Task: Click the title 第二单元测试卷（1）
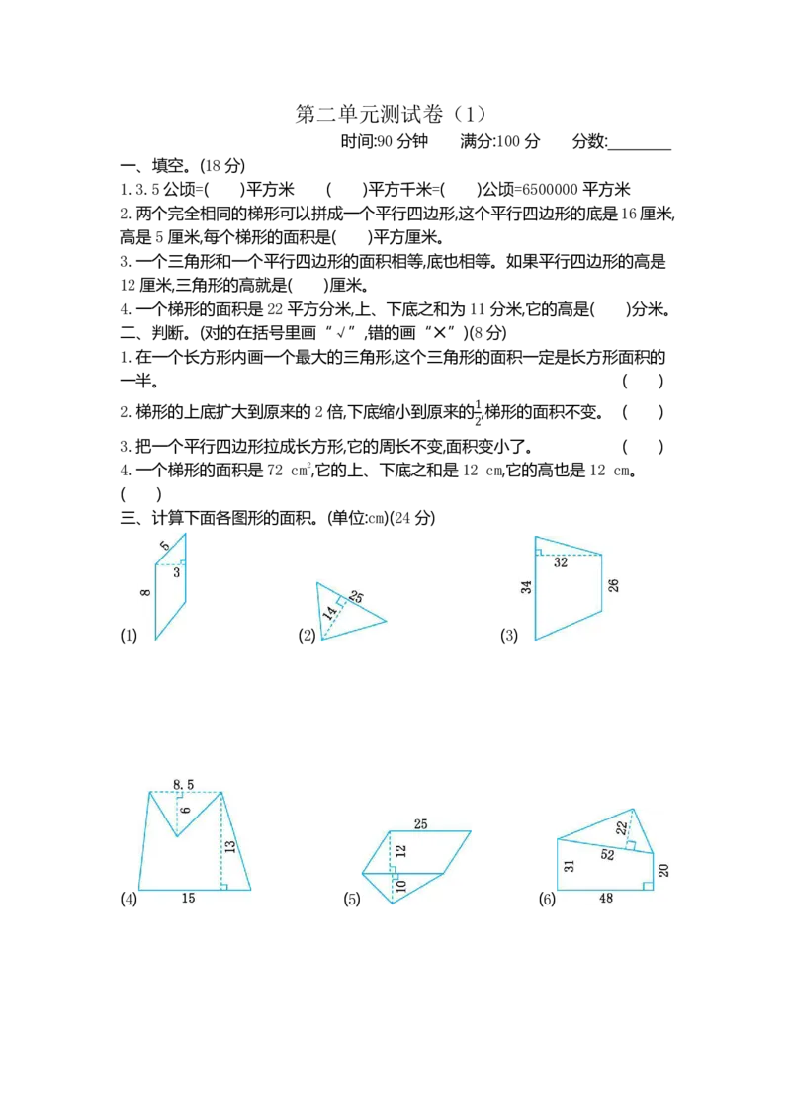(x=392, y=115)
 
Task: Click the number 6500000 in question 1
(x=550, y=190)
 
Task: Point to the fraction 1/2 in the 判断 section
(x=479, y=412)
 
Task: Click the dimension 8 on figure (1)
(x=145, y=592)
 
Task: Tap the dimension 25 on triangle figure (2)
(x=356, y=597)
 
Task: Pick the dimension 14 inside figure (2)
(x=329, y=612)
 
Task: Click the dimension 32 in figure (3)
(x=561, y=562)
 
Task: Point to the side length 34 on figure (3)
(x=526, y=587)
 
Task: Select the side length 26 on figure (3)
(x=613, y=585)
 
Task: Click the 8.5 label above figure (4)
(x=184, y=784)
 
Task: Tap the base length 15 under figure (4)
(x=188, y=898)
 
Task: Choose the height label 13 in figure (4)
(x=229, y=847)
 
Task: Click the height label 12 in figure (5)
(x=400, y=851)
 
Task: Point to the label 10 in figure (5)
(x=400, y=886)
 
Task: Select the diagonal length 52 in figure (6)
(x=607, y=855)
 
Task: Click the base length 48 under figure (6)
(x=605, y=899)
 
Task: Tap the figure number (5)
(x=352, y=899)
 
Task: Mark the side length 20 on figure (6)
(x=663, y=870)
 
